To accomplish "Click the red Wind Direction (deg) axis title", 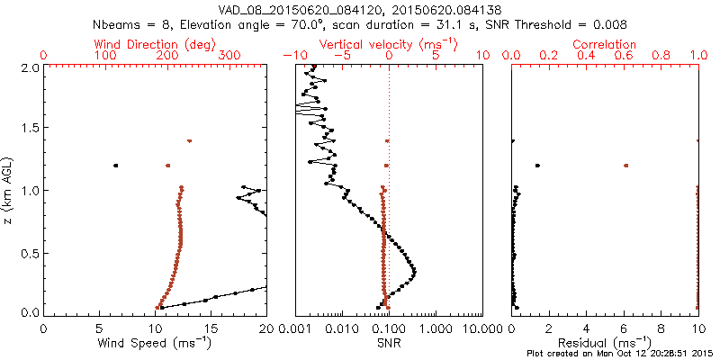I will click(157, 43).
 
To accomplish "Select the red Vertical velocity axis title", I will click(388, 43).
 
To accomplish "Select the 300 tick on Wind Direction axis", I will click(229, 56).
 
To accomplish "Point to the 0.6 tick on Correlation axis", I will click(624, 56).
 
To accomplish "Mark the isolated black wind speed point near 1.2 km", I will click(116, 166).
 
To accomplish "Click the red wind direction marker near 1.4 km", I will click(190, 141).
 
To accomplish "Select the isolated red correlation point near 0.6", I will click(625, 166).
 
